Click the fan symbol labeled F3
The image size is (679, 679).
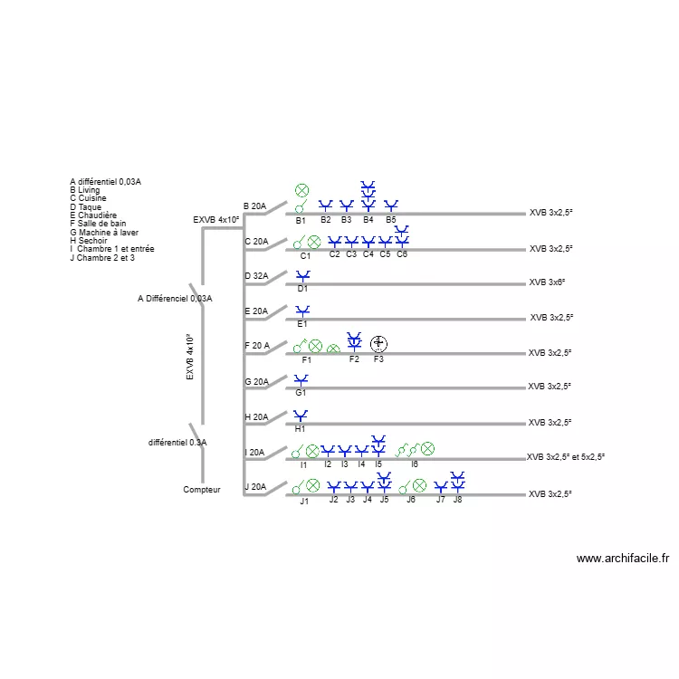point(379,344)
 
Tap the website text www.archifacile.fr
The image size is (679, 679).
point(623,559)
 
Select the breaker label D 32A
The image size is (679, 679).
point(256,276)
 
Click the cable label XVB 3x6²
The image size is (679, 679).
point(547,282)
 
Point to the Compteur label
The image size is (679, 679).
point(202,490)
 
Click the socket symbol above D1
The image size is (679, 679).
point(303,276)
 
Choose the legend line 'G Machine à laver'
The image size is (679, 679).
point(104,233)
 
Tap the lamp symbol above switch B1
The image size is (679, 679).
point(301,190)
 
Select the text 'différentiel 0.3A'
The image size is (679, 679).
point(177,443)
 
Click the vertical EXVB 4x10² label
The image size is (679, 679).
point(190,358)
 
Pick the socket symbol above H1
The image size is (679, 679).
point(301,416)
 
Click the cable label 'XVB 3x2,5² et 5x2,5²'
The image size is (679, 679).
point(566,457)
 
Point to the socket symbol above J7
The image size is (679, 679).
point(441,487)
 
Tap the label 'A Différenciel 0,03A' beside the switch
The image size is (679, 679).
point(175,299)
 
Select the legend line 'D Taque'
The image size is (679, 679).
point(86,207)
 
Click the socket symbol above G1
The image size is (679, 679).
point(301,380)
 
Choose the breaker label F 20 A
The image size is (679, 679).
point(257,346)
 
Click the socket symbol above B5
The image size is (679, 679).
point(391,206)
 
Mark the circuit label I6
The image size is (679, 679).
point(415,464)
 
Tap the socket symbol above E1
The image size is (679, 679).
point(302,311)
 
